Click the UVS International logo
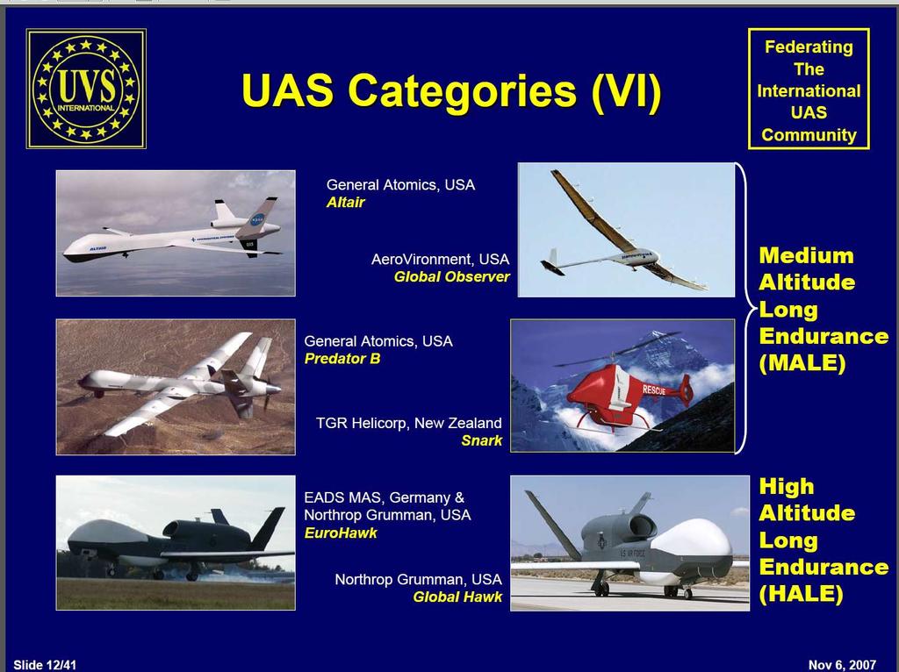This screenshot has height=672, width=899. [x=86, y=89]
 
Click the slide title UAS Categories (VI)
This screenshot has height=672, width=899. [x=451, y=90]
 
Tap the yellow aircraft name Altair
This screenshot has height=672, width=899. [x=346, y=203]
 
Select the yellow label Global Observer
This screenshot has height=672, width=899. [x=452, y=276]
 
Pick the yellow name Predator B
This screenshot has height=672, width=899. [x=342, y=359]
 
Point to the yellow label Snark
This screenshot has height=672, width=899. [x=482, y=440]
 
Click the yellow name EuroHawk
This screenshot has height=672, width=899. [x=341, y=533]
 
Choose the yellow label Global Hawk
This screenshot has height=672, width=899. [x=457, y=597]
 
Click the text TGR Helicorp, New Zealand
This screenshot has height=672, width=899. [x=409, y=424]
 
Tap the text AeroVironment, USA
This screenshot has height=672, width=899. [x=441, y=260]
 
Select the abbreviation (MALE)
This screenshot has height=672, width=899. [x=802, y=363]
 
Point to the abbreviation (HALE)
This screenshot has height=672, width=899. [x=801, y=594]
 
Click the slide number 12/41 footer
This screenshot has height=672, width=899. [x=45, y=665]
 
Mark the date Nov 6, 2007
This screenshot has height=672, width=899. [x=842, y=665]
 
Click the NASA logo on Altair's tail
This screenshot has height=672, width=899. [x=258, y=219]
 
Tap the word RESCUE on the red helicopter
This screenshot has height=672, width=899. [x=654, y=390]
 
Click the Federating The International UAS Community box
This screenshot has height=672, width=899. [x=809, y=89]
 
